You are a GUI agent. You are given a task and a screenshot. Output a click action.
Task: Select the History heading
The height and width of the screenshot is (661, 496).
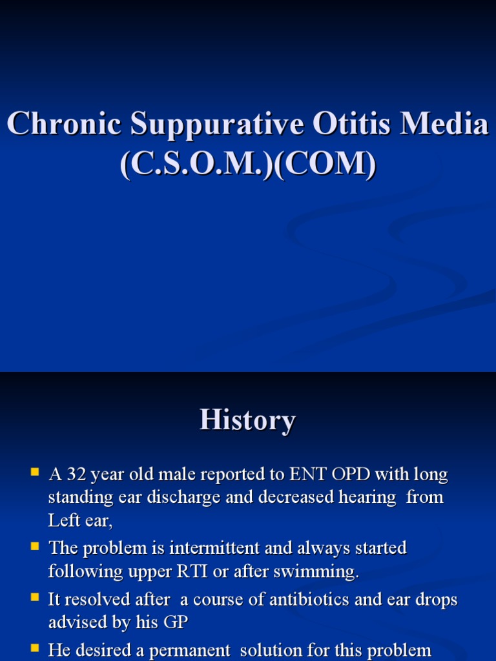247,420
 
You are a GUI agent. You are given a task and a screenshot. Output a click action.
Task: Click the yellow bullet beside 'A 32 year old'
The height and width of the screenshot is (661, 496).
36,473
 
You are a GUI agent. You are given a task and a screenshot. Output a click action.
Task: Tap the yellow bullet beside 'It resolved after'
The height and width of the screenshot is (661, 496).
36,598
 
